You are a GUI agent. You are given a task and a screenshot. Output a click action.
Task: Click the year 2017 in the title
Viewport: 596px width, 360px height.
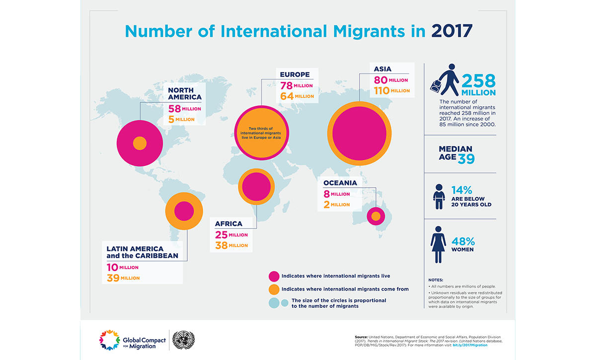click(451, 31)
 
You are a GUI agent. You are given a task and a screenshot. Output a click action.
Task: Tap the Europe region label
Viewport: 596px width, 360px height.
click(295, 74)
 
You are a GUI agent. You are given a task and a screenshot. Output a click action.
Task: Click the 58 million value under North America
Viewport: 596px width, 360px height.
click(184, 109)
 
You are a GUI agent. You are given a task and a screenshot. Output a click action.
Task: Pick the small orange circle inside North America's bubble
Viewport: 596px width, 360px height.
click(140, 144)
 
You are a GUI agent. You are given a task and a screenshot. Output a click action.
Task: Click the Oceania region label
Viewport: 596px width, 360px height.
click(340, 183)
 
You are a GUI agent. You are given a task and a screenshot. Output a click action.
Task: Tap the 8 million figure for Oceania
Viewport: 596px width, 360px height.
click(337, 194)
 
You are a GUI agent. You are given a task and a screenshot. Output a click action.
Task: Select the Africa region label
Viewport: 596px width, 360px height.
click(228, 223)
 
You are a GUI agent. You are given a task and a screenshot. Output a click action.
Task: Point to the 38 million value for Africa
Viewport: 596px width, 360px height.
click(231, 245)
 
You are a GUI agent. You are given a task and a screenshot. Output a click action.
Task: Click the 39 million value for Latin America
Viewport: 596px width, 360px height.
click(123, 278)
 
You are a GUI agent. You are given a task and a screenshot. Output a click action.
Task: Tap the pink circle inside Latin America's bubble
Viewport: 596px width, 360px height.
click(184, 211)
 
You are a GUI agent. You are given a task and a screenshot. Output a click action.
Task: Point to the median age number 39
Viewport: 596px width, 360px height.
click(466, 158)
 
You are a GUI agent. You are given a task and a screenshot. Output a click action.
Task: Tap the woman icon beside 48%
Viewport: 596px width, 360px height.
click(438, 244)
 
